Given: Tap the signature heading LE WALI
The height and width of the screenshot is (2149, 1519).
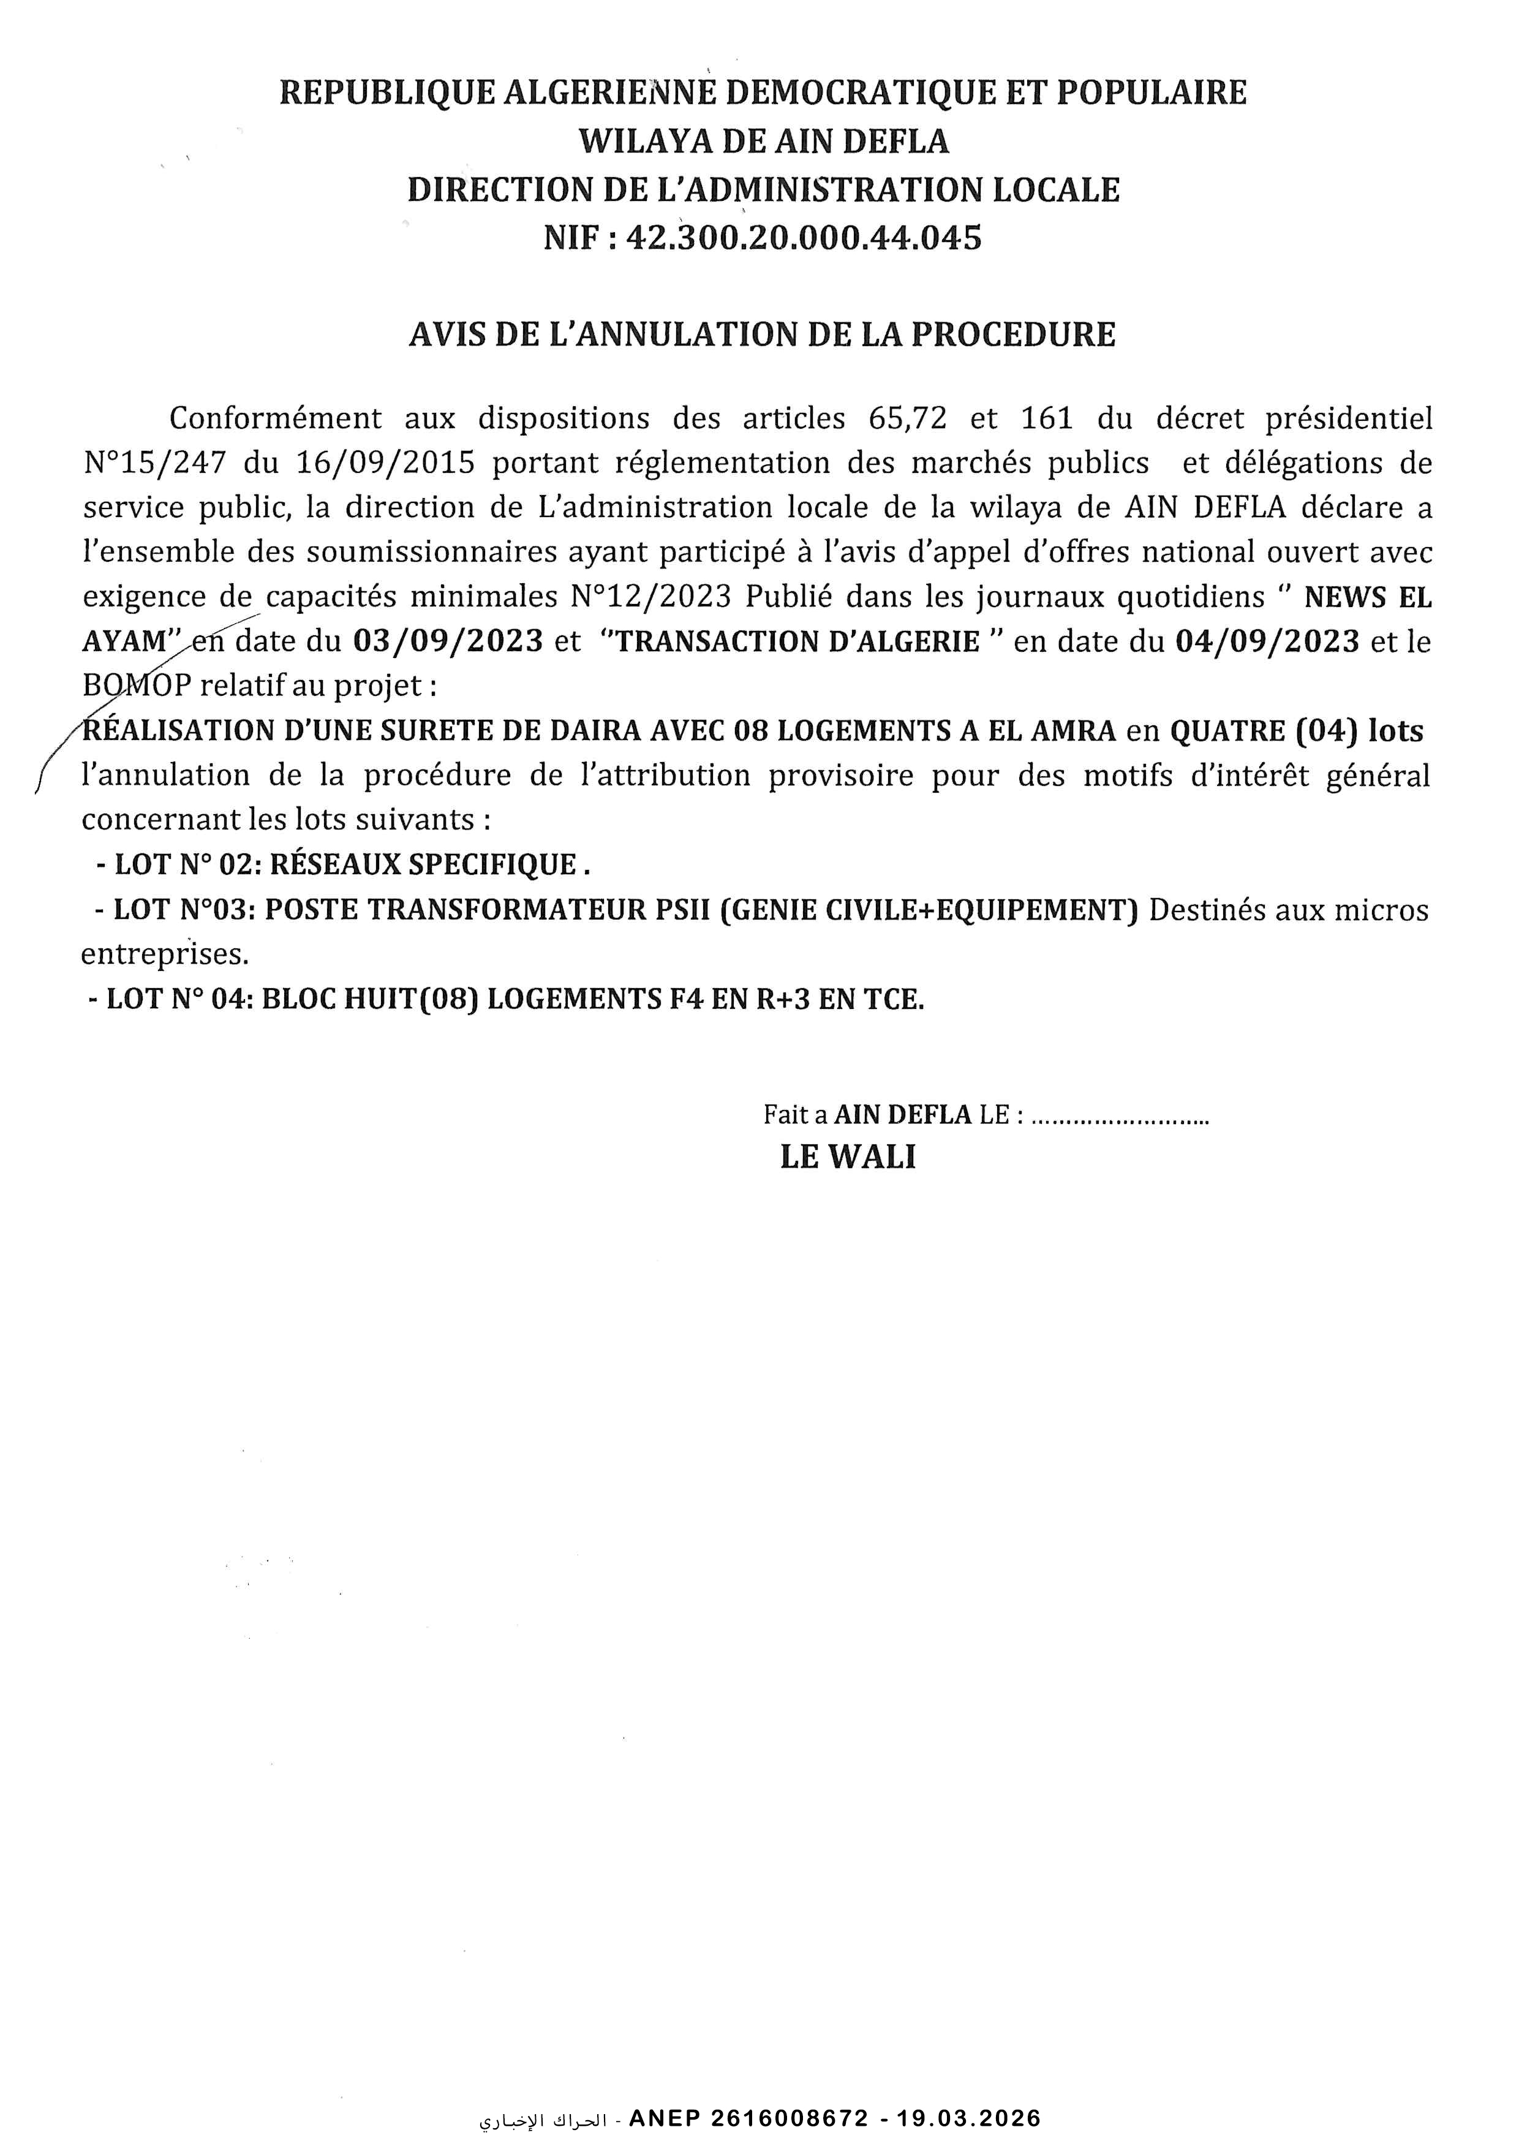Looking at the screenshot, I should point(848,1158).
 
